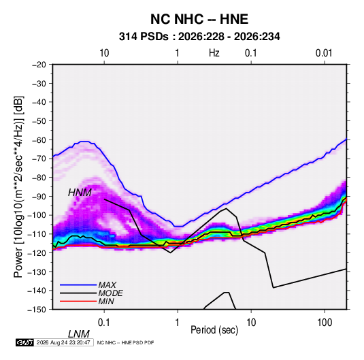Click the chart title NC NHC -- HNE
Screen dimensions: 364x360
199,19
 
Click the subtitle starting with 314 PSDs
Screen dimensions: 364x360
199,37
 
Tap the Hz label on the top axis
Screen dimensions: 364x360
214,53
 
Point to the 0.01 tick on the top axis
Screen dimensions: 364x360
324,53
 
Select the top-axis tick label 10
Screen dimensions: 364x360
104,53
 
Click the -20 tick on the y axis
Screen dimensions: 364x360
39,65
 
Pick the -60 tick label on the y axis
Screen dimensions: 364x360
39,140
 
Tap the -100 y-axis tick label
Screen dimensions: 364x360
37,215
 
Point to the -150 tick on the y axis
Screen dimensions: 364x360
37,310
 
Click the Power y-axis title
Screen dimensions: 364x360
18,187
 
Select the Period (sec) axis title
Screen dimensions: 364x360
214,330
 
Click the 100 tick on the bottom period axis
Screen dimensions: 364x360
324,323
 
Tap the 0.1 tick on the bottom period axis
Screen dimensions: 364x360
104,323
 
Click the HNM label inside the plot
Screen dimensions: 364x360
80,193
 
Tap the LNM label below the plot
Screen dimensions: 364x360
78,334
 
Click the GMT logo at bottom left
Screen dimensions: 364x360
25,342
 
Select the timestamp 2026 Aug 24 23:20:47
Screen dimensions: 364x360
63,342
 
